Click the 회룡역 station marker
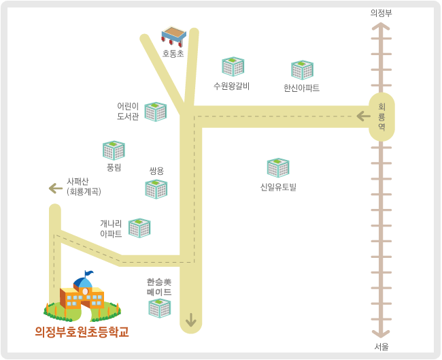click(x=381, y=117)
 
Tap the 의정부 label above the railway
click(x=381, y=13)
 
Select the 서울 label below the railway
click(x=381, y=347)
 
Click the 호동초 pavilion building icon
click(x=173, y=36)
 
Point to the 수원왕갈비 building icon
click(x=233, y=67)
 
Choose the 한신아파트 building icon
click(x=302, y=69)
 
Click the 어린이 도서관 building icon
click(x=156, y=112)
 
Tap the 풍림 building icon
click(x=114, y=150)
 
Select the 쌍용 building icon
click(x=156, y=189)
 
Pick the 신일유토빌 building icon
click(x=278, y=167)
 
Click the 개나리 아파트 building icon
click(x=139, y=228)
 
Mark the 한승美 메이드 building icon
click(x=160, y=308)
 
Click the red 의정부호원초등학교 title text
click(x=82, y=332)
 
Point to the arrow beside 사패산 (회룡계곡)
click(x=56, y=189)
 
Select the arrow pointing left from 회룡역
click(x=363, y=116)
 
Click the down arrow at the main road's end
click(x=191, y=320)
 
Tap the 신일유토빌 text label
click(x=278, y=186)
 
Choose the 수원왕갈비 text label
click(x=231, y=86)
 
